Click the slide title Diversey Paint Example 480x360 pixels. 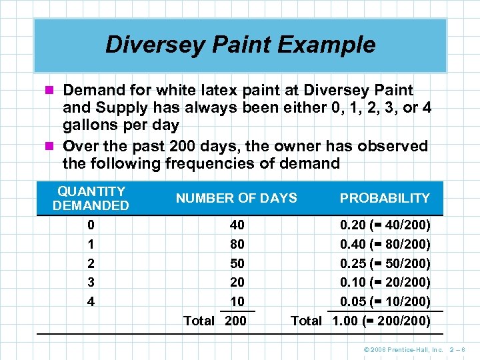click(x=240, y=45)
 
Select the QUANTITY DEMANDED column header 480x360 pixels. click(x=91, y=199)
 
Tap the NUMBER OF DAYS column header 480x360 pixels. click(x=236, y=198)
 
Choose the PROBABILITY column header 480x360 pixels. click(x=385, y=198)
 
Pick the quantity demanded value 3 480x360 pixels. click(x=91, y=282)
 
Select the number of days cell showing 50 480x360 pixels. click(x=236, y=263)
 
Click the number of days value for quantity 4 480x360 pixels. click(x=236, y=301)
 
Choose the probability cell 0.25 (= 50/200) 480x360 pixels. click(x=385, y=263)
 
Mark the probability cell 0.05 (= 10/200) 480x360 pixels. click(x=385, y=301)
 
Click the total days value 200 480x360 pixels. click(x=235, y=321)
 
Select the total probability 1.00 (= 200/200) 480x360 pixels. click(x=381, y=321)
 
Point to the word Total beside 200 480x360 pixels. click(x=199, y=321)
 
